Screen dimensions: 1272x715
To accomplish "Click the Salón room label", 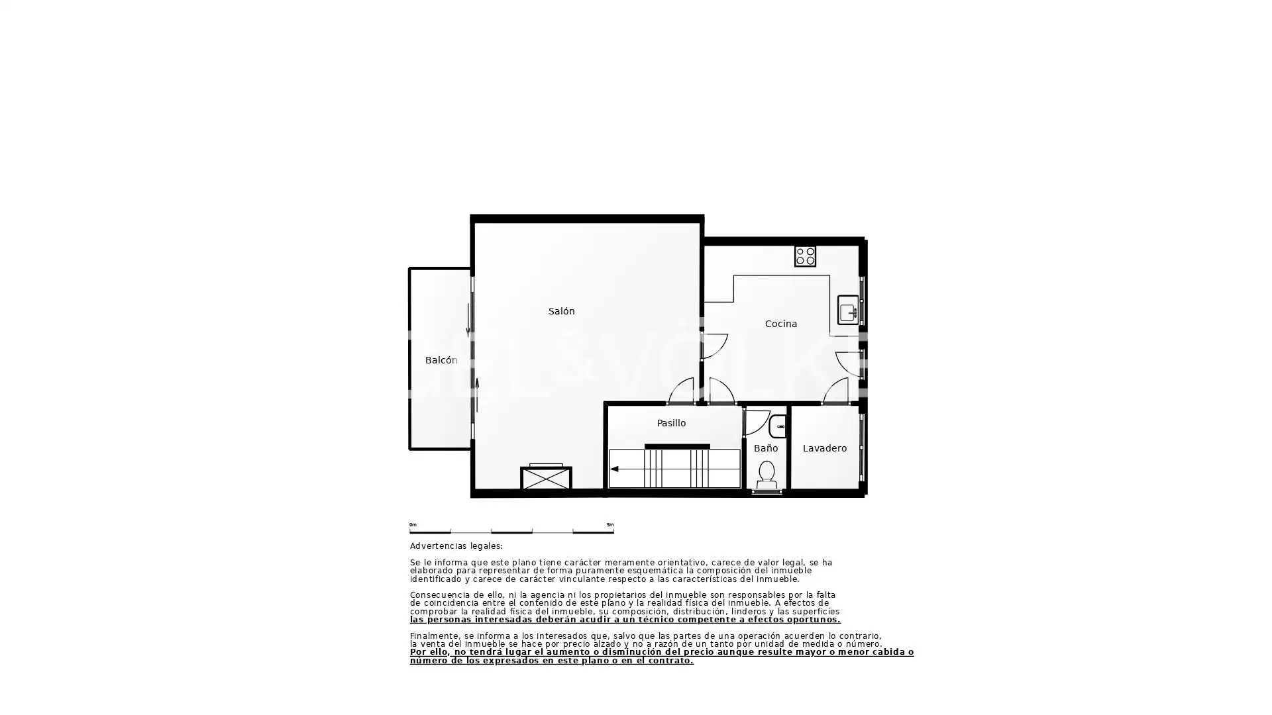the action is coord(561,311).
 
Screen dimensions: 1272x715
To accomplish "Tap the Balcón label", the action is coord(441,360).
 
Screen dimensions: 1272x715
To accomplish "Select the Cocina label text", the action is coord(780,324).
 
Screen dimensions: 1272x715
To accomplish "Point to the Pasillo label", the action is coord(671,423).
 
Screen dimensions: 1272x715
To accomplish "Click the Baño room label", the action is coord(765,448).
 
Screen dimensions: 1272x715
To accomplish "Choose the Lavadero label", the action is coord(824,448).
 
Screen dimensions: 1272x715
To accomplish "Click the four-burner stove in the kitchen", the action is coord(805,256).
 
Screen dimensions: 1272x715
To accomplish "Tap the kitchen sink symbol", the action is coord(848,310).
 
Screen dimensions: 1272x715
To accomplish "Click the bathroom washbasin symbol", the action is coord(778,426).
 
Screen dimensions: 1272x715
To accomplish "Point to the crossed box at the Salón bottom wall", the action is coord(546,478).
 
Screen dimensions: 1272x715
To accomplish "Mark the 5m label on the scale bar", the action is coord(610,525).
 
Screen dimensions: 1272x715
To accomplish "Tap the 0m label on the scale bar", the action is coord(413,525).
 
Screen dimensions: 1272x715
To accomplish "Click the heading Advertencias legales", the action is coord(456,546).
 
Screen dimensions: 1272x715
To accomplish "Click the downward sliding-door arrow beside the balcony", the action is coord(468,320).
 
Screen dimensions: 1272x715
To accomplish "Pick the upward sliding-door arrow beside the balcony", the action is coord(477,395).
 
